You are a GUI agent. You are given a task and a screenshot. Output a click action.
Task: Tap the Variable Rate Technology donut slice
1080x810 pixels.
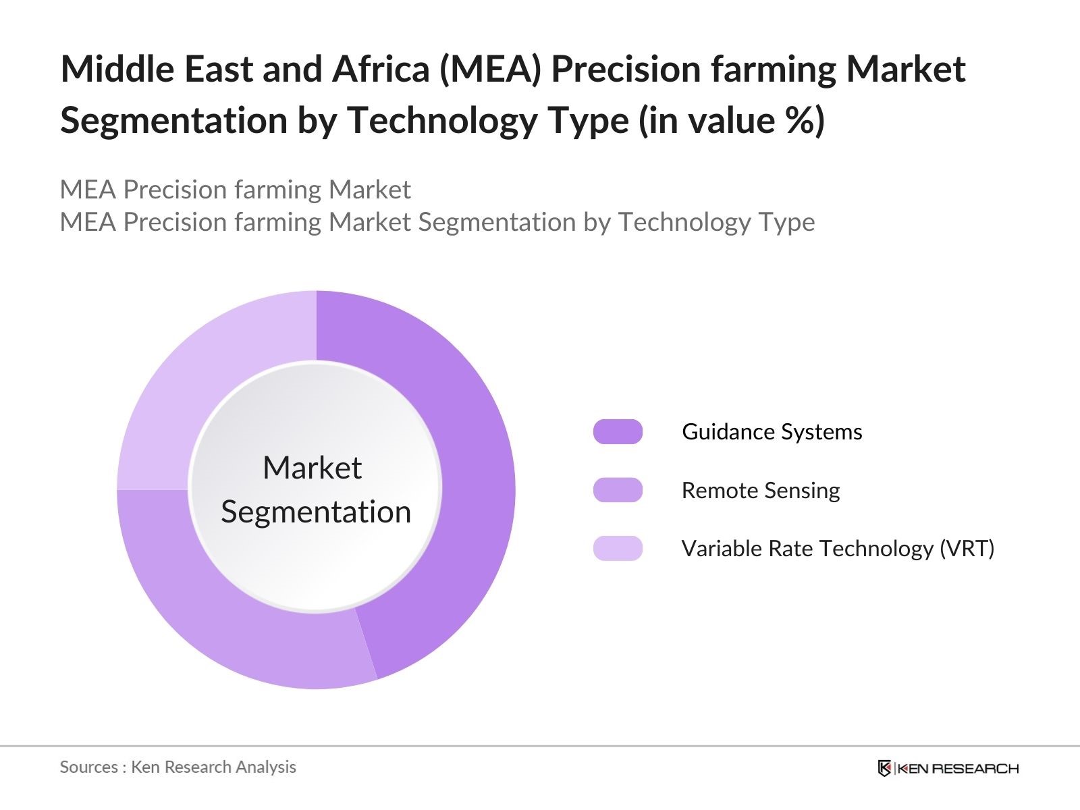click(197, 374)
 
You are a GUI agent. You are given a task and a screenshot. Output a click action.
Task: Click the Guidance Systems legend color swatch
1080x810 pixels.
click(618, 432)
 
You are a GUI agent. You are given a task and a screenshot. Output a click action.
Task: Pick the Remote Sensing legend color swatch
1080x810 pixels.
click(618, 490)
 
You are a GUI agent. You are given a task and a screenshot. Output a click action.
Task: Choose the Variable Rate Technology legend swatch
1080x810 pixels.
click(618, 548)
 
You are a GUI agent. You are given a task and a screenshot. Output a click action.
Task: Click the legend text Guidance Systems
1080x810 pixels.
click(772, 432)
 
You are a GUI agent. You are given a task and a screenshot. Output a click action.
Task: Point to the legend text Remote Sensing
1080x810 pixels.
click(761, 491)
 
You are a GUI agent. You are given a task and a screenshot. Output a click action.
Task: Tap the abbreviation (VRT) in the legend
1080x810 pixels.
click(967, 549)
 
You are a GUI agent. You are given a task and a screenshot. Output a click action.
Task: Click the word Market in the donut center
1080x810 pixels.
click(313, 467)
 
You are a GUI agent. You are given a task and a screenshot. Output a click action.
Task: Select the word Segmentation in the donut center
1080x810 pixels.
click(316, 512)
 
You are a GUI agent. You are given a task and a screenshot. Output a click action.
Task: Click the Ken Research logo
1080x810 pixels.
click(948, 767)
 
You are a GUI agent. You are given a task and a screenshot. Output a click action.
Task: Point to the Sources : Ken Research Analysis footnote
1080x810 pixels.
click(178, 767)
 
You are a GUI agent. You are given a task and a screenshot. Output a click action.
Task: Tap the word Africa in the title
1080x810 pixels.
click(381, 69)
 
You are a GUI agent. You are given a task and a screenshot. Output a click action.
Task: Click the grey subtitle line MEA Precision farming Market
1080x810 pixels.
click(235, 190)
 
